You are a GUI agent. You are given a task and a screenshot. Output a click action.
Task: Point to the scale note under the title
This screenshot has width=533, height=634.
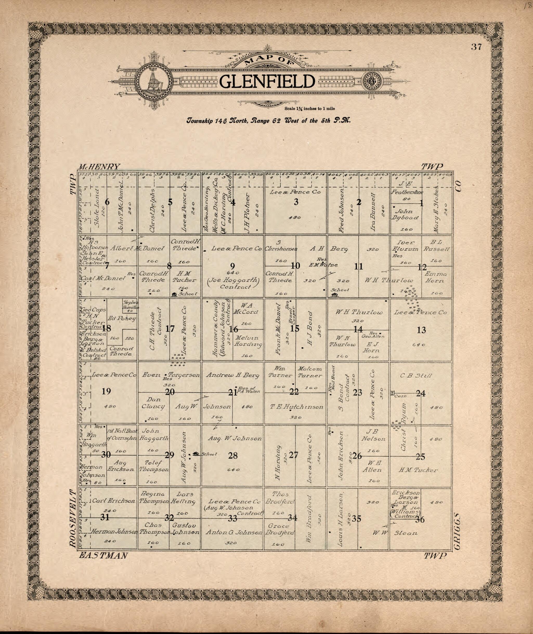[x=309, y=109]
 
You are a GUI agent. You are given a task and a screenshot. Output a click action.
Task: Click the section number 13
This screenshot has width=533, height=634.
[x=421, y=330]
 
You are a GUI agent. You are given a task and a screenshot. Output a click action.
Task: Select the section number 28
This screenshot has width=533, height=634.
[x=233, y=455]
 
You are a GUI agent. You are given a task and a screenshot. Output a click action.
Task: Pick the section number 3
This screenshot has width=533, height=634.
[x=296, y=202]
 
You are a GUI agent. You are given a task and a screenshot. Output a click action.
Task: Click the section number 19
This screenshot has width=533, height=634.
[x=106, y=392]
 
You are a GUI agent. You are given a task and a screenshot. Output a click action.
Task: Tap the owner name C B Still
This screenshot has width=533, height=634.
[x=416, y=376]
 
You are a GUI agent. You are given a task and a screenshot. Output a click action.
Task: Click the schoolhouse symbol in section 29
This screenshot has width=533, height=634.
[x=196, y=454]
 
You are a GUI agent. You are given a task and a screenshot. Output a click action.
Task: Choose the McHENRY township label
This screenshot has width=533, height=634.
[x=99, y=166]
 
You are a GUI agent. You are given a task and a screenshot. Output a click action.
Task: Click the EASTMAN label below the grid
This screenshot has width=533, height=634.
[x=103, y=555]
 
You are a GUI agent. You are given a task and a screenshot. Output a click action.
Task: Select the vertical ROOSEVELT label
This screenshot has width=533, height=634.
[x=73, y=519]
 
